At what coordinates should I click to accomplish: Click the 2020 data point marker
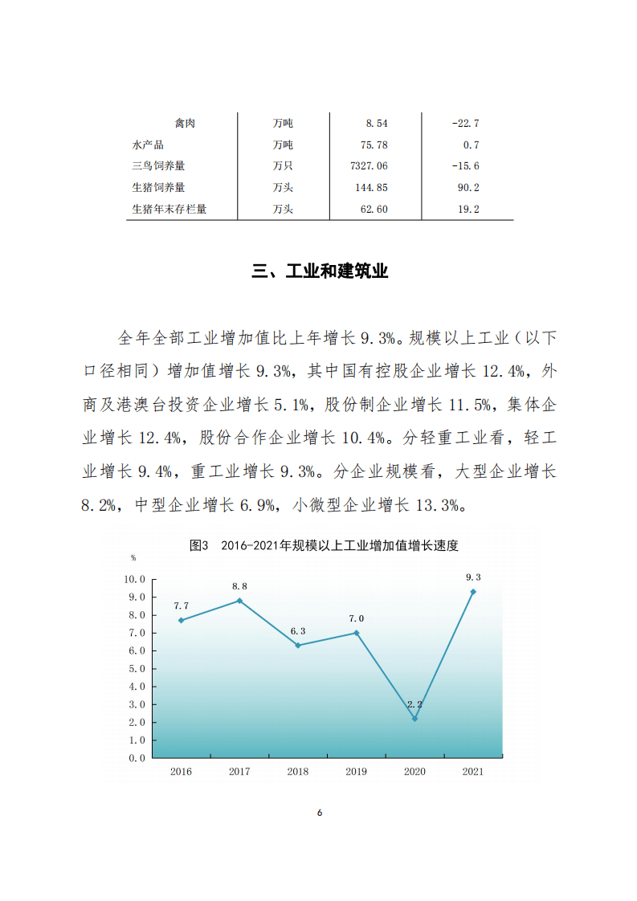(x=414, y=718)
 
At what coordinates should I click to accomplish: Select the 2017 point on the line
(x=239, y=601)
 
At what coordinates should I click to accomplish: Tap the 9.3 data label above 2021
(x=473, y=577)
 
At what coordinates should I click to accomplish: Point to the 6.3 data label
(x=298, y=630)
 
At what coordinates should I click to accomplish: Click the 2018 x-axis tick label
(x=298, y=772)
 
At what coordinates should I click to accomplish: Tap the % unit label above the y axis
(x=133, y=557)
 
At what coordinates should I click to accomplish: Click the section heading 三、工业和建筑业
(x=320, y=271)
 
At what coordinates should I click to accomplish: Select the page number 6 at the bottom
(x=319, y=813)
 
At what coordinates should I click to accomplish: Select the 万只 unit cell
(x=283, y=166)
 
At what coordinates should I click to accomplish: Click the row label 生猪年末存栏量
(x=169, y=210)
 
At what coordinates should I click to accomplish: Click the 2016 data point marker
(x=181, y=620)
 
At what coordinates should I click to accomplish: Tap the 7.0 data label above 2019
(x=356, y=618)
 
